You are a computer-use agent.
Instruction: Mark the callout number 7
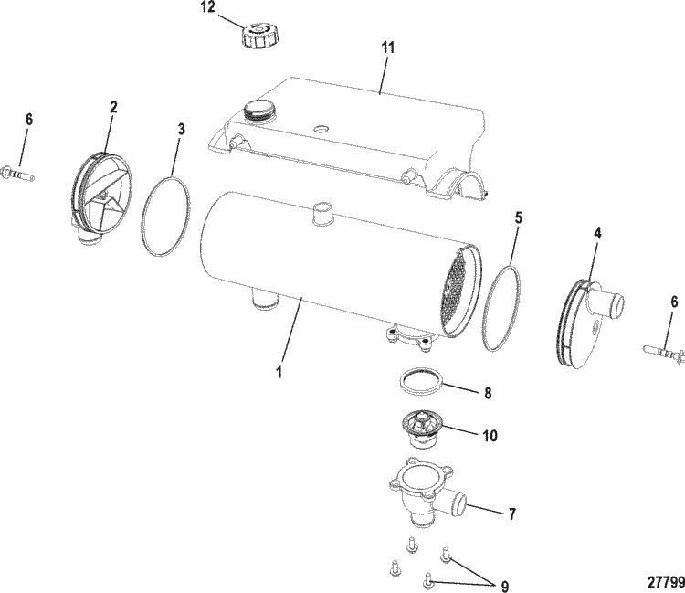click(x=511, y=514)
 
